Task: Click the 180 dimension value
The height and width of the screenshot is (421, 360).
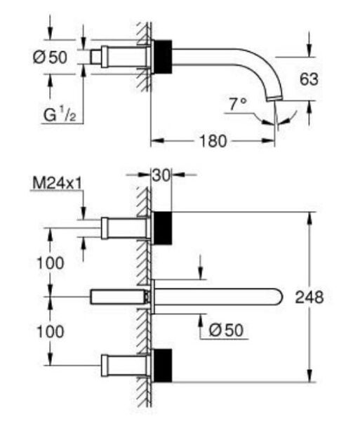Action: [x=213, y=141]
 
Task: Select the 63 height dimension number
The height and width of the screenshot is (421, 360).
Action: [x=309, y=79]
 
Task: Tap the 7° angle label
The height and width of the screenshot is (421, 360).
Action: [x=238, y=104]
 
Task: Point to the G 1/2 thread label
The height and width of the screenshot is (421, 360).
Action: [x=60, y=114]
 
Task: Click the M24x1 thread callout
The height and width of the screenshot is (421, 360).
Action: [x=57, y=184]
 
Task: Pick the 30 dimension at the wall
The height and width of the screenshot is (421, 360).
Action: [x=161, y=176]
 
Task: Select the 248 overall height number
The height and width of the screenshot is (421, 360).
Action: [x=309, y=298]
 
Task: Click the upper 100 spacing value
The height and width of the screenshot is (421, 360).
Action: [x=51, y=263]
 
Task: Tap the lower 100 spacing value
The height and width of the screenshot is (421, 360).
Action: [x=51, y=331]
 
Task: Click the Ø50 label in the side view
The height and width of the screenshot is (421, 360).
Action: [x=50, y=58]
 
